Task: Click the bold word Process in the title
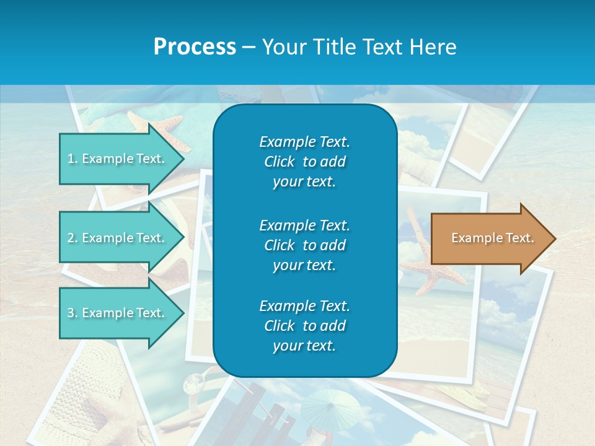pos(195,47)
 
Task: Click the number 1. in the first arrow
pos(73,159)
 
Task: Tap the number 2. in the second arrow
pos(73,238)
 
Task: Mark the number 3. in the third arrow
pos(73,313)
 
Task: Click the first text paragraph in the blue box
pos(304,162)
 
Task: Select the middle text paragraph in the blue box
pos(304,245)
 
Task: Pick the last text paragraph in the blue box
pos(304,326)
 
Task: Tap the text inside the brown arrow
pos(493,238)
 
